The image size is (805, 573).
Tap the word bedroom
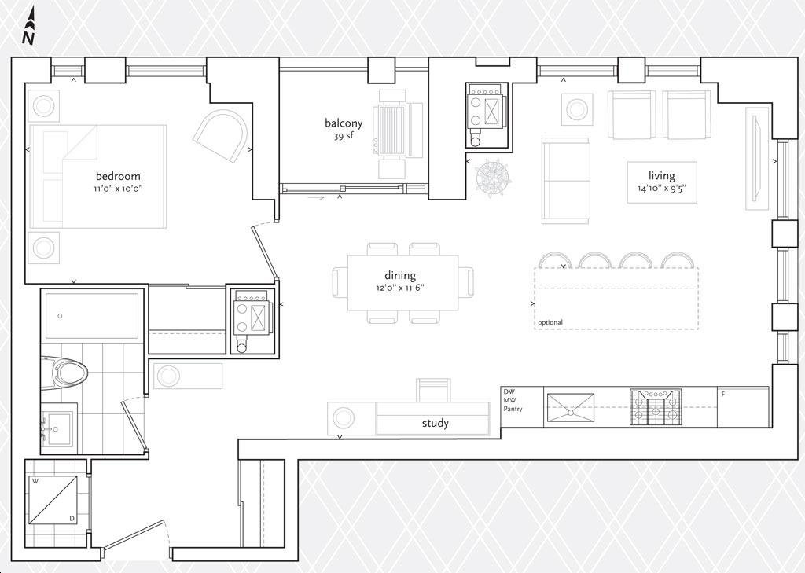118,176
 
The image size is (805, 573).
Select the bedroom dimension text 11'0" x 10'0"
118,189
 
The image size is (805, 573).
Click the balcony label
344,123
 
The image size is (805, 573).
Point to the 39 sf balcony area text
344,137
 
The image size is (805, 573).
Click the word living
662,175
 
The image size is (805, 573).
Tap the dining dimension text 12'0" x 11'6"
400,288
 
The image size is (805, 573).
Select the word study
436,424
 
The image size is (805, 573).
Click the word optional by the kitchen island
550,322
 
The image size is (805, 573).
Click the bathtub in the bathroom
93,315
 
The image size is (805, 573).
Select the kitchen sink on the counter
571,408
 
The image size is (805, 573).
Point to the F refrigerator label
723,395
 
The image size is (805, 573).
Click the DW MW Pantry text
513,401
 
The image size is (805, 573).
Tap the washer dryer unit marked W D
52,500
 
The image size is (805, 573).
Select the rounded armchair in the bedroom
222,135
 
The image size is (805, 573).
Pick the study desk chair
433,390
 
